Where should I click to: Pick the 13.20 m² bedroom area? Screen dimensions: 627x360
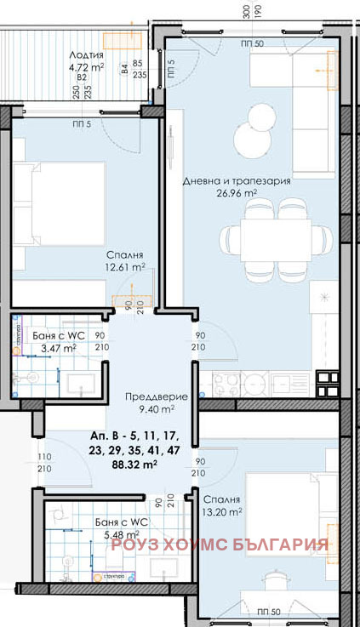pos(222,512)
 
